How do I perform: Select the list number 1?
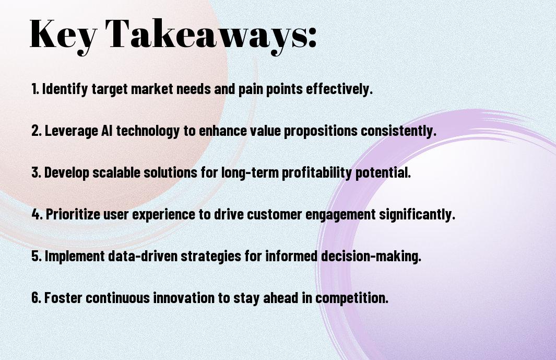pyautogui.click(x=35, y=89)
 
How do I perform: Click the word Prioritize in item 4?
pyautogui.click(x=73, y=214)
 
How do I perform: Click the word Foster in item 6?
pyautogui.click(x=63, y=297)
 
